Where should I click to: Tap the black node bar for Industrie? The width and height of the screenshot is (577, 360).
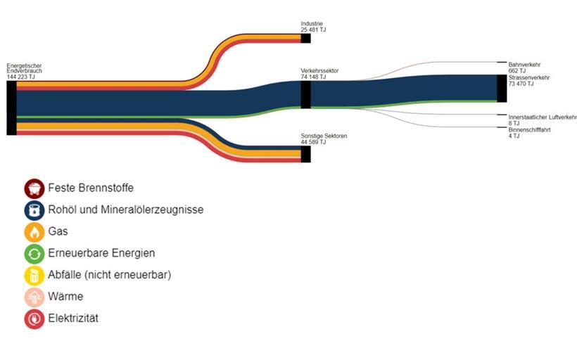pos(305,38)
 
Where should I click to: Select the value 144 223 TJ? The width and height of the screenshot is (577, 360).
pos(20,77)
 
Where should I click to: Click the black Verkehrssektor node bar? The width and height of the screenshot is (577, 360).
pos(305,94)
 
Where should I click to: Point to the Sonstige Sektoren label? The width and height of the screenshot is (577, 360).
pos(324,136)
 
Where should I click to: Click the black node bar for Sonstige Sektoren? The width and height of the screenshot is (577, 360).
pos(305,154)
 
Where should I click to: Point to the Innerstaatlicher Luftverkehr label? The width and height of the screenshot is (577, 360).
pos(542,117)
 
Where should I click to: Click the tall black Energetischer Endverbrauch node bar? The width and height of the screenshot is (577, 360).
pos(11,108)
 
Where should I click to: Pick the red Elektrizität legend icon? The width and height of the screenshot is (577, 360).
pos(34,319)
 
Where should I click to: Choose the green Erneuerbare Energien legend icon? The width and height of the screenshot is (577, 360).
pos(34,253)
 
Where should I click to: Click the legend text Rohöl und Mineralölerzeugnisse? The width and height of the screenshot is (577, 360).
pos(126,210)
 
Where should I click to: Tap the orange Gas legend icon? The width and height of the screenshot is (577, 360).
pos(34,231)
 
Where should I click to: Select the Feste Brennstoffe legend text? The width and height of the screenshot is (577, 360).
pos(91,188)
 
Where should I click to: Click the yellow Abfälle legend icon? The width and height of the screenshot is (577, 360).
pos(34,275)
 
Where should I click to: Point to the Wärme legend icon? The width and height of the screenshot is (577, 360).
pos(34,297)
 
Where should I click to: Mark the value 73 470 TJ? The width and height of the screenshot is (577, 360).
pos(521,84)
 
